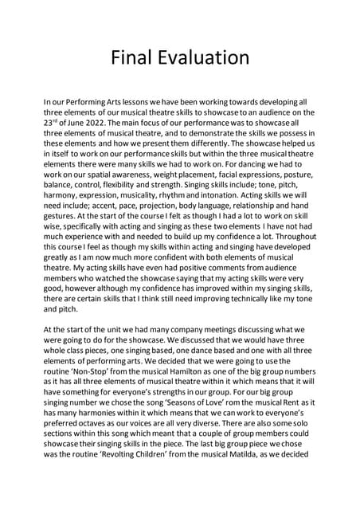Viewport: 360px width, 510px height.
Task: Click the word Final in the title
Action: (134, 57)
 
